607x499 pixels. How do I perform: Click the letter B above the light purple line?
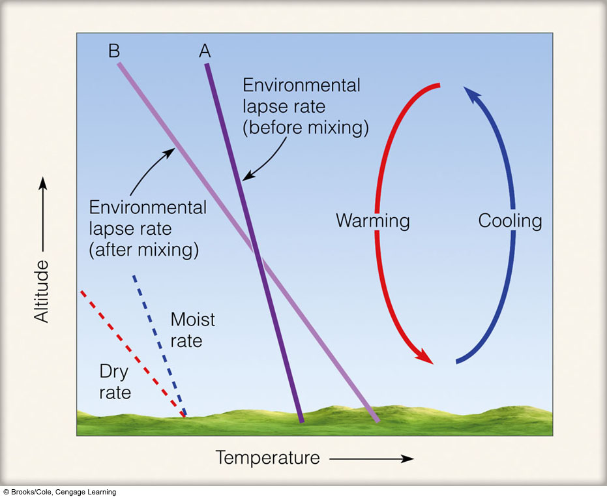point(114,51)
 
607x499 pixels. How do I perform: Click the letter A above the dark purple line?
point(205,51)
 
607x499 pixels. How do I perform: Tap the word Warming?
point(373,221)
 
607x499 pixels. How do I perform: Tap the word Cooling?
point(510,221)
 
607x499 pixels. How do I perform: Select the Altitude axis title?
point(42,292)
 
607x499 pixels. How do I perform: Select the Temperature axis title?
point(267,457)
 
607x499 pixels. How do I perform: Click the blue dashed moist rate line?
point(160,346)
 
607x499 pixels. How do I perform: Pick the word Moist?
point(192,320)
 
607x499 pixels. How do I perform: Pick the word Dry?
point(114,372)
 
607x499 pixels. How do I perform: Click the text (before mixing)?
point(305,127)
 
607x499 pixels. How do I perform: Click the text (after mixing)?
point(144,249)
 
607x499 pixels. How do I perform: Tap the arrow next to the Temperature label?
point(372,459)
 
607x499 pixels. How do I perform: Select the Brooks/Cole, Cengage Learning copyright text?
point(60,492)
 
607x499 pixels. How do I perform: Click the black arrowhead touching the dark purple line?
point(248,176)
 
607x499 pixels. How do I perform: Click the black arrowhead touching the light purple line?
point(169,153)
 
